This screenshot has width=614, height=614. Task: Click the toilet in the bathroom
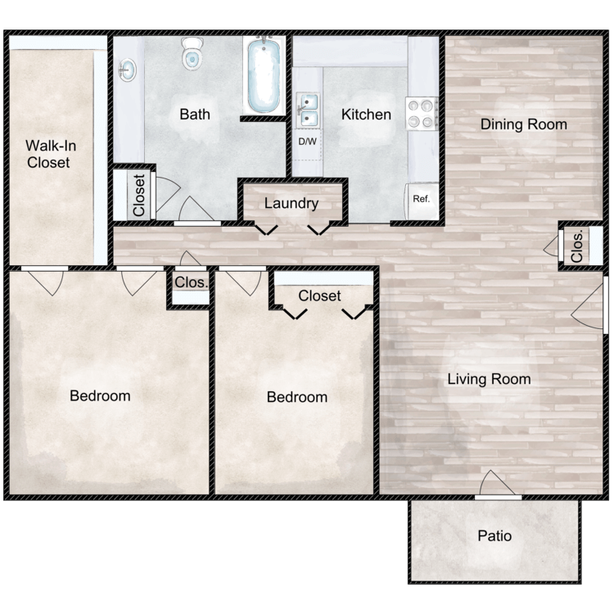tap(192, 54)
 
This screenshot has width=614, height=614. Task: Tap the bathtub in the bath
tap(264, 74)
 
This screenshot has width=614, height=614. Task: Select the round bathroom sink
tap(127, 70)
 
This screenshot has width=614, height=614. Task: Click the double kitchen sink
tap(307, 110)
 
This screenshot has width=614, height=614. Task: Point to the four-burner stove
tap(422, 114)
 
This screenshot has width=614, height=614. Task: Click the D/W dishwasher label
tap(307, 142)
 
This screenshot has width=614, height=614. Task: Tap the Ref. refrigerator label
tap(422, 199)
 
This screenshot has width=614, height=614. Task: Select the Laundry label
tap(291, 203)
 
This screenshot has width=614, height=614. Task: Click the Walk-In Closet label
tap(50, 154)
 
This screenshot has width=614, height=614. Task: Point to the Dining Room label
tap(524, 124)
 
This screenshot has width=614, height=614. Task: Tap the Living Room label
tap(489, 379)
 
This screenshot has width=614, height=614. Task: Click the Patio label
tap(494, 535)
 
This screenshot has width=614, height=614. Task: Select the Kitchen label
tap(366, 115)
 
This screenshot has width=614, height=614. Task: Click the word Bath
tap(195, 115)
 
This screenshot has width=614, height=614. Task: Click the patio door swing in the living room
tap(497, 483)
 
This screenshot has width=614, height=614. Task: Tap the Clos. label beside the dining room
tap(577, 246)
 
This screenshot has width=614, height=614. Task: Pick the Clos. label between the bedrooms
tap(191, 282)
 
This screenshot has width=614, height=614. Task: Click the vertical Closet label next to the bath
tap(139, 196)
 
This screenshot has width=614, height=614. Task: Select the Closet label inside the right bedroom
tap(319, 296)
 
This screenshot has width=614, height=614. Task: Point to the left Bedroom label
tap(100, 396)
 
